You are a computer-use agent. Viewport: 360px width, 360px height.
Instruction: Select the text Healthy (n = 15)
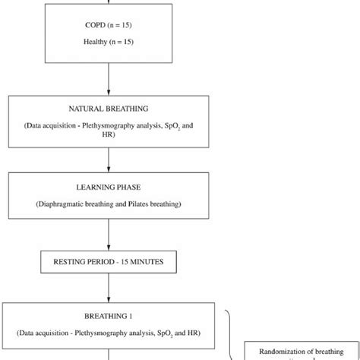(x=109, y=42)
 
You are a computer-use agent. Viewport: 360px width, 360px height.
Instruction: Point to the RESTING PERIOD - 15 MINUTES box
(x=109, y=264)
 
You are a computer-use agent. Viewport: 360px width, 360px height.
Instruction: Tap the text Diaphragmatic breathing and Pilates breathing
(x=109, y=204)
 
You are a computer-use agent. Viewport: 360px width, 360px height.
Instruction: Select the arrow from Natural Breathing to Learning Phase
(x=109, y=159)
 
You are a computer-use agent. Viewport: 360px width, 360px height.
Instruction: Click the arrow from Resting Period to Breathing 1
(x=109, y=289)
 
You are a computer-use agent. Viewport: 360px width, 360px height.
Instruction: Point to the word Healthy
(x=96, y=42)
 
